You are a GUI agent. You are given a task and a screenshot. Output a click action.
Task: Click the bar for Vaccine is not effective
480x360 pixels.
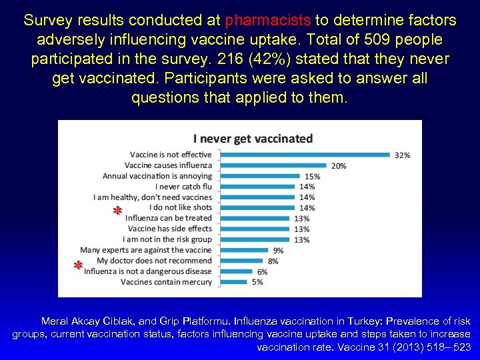pyautogui.click(x=304, y=155)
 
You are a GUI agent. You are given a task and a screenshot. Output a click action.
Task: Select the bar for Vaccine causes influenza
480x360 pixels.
pyautogui.click(x=273, y=165)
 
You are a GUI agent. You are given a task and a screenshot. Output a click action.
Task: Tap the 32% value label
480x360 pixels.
pyautogui.click(x=403, y=155)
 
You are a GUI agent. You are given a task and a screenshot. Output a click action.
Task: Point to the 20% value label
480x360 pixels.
pyautogui.click(x=339, y=166)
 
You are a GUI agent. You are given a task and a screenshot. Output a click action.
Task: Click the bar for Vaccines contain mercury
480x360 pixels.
pyautogui.click(x=233, y=282)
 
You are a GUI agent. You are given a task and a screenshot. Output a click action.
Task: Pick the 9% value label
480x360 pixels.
pyautogui.click(x=278, y=251)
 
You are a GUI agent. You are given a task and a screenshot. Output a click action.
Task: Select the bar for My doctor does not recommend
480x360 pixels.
pyautogui.click(x=241, y=261)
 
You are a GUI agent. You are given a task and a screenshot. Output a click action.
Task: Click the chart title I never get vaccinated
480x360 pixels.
pyautogui.click(x=253, y=139)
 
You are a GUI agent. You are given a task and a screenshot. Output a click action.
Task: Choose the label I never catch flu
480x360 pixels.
pyautogui.click(x=183, y=187)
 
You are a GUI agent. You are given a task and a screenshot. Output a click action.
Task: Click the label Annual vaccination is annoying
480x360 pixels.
pyautogui.click(x=157, y=176)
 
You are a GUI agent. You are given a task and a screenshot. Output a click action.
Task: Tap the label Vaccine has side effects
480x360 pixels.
pyautogui.click(x=169, y=229)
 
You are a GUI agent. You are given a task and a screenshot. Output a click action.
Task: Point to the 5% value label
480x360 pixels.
pyautogui.click(x=257, y=282)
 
